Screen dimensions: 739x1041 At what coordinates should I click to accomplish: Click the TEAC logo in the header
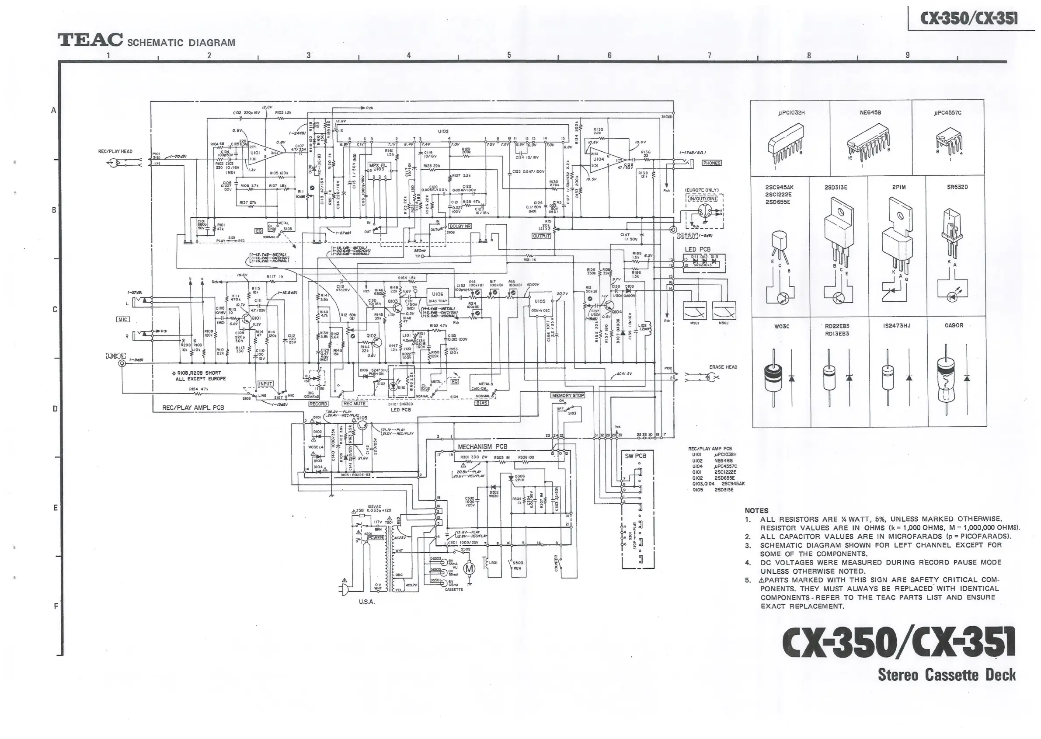[90, 40]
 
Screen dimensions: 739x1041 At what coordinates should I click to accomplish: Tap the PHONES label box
[711, 163]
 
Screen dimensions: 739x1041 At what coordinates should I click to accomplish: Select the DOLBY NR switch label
[460, 226]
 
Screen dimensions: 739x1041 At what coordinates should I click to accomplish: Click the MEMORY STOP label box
[568, 395]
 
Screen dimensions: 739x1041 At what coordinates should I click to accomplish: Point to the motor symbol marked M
[469, 568]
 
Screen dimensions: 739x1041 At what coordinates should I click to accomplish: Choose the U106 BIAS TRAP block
[437, 297]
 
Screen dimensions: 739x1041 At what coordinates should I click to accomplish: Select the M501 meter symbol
[694, 312]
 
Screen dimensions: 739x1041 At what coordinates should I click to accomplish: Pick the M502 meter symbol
[724, 312]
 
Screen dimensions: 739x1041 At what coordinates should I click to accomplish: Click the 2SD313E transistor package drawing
[836, 237]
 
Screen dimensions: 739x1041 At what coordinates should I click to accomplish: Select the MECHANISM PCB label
[482, 447]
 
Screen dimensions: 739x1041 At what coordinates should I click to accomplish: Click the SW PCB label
[635, 456]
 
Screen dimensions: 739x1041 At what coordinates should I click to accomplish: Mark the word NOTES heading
[756, 511]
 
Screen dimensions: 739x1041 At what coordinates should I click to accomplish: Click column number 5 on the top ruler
[508, 55]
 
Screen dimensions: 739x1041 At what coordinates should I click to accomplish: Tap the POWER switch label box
[376, 537]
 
